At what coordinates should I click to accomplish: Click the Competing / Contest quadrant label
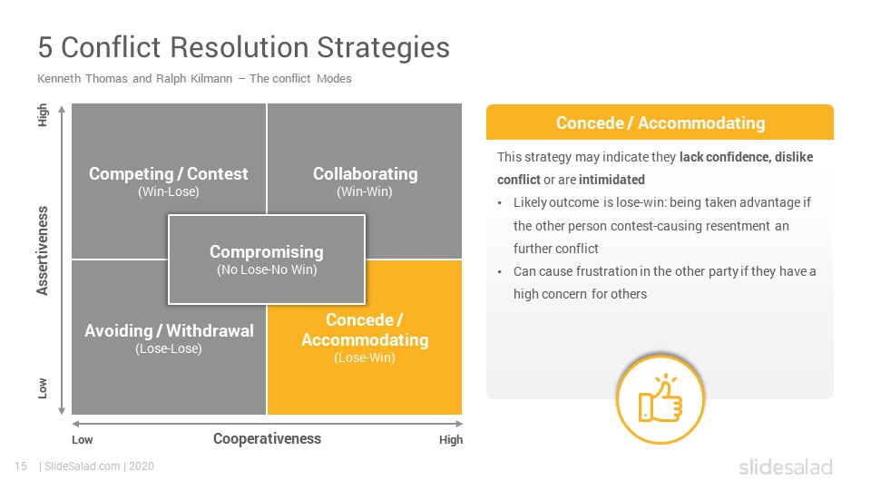click(x=169, y=174)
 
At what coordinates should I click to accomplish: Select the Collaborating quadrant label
click(x=365, y=174)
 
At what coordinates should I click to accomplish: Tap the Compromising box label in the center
click(x=267, y=251)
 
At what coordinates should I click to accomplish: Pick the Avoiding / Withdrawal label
click(x=169, y=330)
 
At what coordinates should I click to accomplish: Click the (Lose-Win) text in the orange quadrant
click(x=365, y=358)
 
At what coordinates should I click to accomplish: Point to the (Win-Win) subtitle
click(x=365, y=191)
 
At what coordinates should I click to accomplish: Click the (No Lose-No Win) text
click(x=267, y=269)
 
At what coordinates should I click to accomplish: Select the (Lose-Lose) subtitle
click(x=169, y=348)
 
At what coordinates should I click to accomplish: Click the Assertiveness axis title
click(x=43, y=250)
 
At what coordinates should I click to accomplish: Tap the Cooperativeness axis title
click(x=267, y=438)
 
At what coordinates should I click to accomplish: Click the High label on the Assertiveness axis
click(x=43, y=115)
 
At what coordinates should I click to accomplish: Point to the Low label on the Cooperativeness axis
click(x=83, y=439)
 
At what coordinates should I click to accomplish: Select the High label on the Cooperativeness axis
click(x=451, y=439)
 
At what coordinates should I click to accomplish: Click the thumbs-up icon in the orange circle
click(x=660, y=398)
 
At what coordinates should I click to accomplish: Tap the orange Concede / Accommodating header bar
click(x=660, y=122)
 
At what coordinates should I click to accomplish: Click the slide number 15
click(x=21, y=466)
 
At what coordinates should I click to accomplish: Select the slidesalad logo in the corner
click(x=786, y=466)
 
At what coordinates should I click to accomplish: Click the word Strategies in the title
click(x=383, y=47)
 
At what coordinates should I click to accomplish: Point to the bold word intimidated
click(x=612, y=180)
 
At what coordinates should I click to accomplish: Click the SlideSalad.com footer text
click(x=82, y=466)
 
